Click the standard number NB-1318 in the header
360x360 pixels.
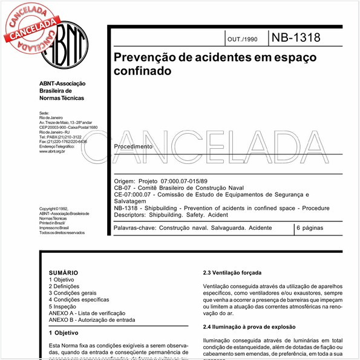click(296, 38)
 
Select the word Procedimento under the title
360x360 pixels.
click(133, 146)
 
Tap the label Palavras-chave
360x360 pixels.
click(134, 229)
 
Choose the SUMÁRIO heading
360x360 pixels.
click(63, 273)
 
